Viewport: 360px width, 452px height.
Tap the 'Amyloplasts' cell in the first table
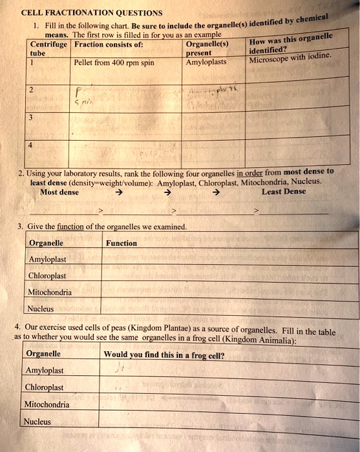(x=206, y=63)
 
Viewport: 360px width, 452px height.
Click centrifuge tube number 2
(x=31, y=90)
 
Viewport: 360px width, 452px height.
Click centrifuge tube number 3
(x=30, y=118)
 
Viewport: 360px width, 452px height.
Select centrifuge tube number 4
(x=30, y=145)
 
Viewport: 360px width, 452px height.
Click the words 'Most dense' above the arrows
(x=59, y=192)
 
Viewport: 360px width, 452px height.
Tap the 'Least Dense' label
(x=284, y=192)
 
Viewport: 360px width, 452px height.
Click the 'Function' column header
(x=122, y=243)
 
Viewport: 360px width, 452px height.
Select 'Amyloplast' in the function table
(x=48, y=259)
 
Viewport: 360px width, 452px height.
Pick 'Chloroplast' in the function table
(x=48, y=276)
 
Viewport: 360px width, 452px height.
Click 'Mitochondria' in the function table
(x=50, y=292)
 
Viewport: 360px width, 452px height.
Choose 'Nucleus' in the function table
(x=41, y=309)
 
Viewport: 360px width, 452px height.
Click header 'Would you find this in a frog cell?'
(x=164, y=354)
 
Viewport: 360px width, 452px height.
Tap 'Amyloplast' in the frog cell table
(x=45, y=371)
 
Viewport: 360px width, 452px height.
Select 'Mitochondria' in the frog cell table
(x=47, y=404)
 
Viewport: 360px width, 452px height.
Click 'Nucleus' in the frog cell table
(x=37, y=421)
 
